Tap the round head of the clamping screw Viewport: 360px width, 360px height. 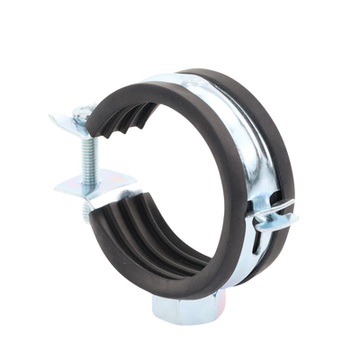pos(81,112)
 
